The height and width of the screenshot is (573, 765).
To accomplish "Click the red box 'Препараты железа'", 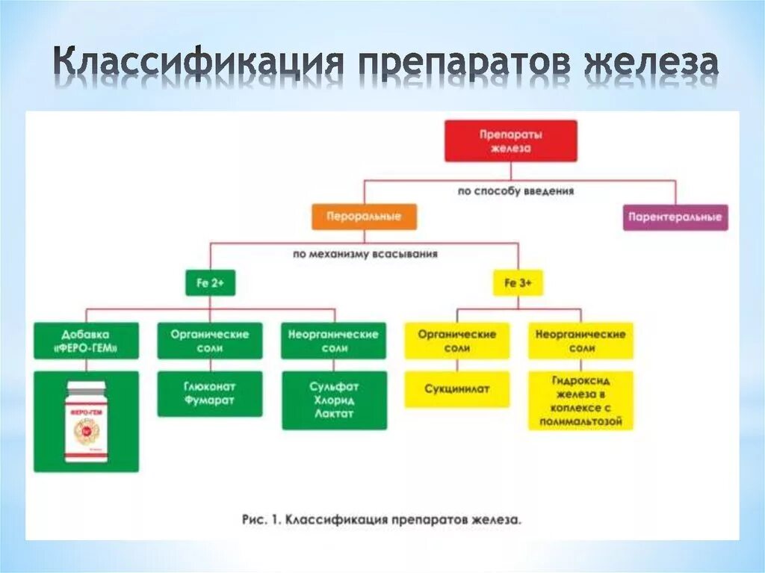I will point(510,140).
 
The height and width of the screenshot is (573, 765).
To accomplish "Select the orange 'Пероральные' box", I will point(364,217).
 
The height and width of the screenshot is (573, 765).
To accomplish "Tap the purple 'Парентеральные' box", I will point(675,217).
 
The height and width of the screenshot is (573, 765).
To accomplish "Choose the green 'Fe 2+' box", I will point(210,283).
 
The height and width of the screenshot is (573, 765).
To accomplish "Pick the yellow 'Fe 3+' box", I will point(518,283).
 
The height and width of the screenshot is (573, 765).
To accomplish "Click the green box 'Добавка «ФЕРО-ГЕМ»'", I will point(86,341).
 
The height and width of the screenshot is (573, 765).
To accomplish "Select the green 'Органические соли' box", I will point(210,341).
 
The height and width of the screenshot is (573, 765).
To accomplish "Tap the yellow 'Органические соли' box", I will point(456,341).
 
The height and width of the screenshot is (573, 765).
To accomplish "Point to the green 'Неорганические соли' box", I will point(334,341).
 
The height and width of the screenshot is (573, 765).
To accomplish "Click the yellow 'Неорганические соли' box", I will point(580,341).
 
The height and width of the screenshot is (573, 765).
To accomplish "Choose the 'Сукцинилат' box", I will point(456,389).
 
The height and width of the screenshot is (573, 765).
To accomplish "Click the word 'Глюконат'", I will point(210,386).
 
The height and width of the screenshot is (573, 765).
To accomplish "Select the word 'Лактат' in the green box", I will point(334,413).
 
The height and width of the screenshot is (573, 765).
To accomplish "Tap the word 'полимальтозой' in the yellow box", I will point(580,422).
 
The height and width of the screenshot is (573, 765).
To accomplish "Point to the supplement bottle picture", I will point(86,421).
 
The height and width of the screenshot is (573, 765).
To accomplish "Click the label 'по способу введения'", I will point(515,191).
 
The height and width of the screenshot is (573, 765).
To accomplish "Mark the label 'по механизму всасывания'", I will point(365,254).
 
